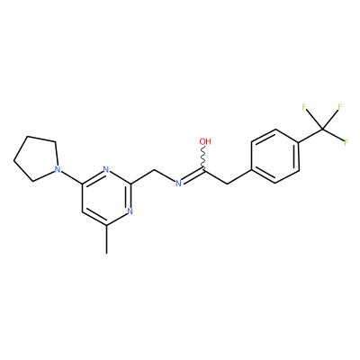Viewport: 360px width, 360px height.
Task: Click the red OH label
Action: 205,141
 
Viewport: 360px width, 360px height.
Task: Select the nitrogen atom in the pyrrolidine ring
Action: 58,169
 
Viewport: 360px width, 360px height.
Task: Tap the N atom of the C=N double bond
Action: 178,184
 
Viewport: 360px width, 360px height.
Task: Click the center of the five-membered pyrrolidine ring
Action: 38,158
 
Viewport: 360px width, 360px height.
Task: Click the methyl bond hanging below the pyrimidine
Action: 106,239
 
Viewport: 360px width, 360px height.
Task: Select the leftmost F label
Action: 304,107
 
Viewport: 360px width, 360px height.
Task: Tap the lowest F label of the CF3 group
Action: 346,142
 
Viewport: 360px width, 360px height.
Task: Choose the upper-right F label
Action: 340,107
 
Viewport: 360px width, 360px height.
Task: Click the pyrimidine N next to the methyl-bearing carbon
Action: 130,211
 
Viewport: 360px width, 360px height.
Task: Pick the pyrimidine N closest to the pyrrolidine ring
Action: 105,169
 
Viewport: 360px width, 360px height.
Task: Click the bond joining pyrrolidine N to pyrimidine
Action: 71,177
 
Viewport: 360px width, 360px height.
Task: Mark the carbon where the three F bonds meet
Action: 323,129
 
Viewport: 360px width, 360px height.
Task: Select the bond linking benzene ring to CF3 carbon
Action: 311,136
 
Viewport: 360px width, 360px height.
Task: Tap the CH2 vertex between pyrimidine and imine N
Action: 155,170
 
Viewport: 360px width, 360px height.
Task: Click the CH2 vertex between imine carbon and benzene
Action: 227,184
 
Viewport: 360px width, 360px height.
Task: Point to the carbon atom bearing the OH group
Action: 204,171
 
